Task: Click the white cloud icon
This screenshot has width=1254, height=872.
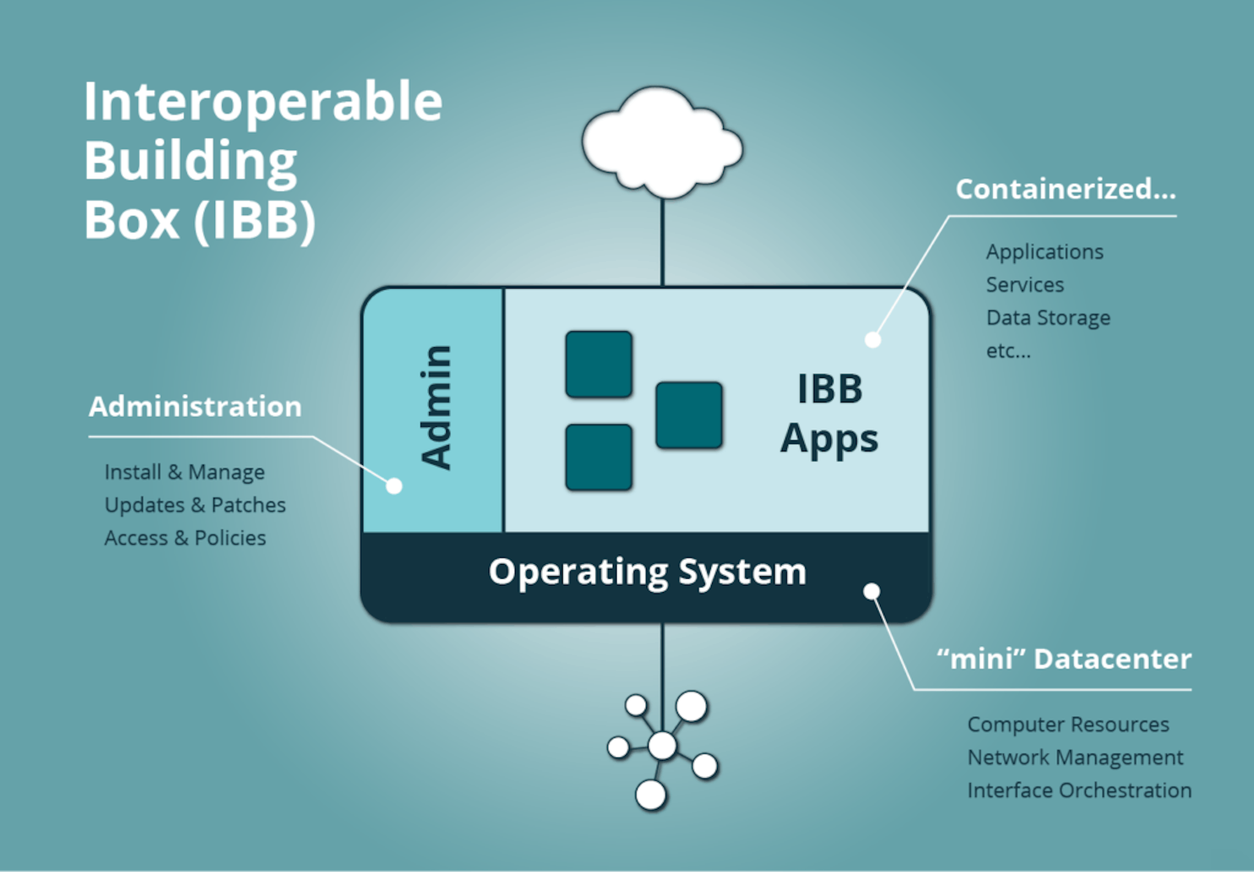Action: (x=661, y=144)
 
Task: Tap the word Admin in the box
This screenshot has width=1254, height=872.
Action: (x=437, y=407)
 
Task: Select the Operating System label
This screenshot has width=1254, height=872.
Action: (x=647, y=572)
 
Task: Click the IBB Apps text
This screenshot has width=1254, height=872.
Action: (x=830, y=413)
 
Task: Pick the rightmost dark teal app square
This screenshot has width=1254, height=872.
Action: (x=689, y=415)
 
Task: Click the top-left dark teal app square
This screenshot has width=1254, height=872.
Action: (x=599, y=364)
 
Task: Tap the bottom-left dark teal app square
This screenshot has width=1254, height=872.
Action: (x=599, y=457)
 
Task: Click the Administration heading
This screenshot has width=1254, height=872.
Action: (x=195, y=407)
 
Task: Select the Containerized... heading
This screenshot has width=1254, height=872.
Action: (x=1065, y=189)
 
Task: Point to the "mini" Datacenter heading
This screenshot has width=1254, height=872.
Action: (x=1064, y=660)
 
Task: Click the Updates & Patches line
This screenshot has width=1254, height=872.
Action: (x=195, y=505)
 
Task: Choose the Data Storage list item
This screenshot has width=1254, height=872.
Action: (x=1048, y=318)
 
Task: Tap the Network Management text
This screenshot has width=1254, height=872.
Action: (x=1075, y=757)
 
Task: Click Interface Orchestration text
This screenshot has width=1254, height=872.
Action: (x=1079, y=791)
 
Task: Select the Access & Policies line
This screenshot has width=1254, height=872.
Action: (x=185, y=538)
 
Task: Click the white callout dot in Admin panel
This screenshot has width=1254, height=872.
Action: (x=394, y=486)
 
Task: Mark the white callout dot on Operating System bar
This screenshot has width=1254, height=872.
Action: (x=872, y=591)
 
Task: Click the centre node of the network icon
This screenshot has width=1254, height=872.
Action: (x=662, y=745)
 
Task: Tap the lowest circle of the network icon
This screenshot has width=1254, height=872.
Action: (x=650, y=795)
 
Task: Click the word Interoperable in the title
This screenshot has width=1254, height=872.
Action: (x=263, y=102)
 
